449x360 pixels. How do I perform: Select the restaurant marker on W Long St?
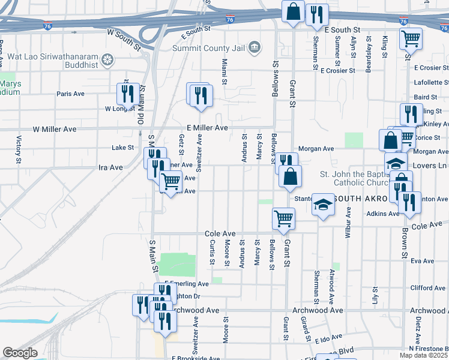click(128, 94)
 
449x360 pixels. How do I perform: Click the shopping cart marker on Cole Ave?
click(283, 219)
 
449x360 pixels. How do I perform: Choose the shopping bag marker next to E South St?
click(293, 13)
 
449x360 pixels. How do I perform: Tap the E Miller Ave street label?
click(207, 128)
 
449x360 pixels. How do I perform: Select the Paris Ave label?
click(70, 94)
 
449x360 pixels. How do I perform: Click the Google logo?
click(20, 353)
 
